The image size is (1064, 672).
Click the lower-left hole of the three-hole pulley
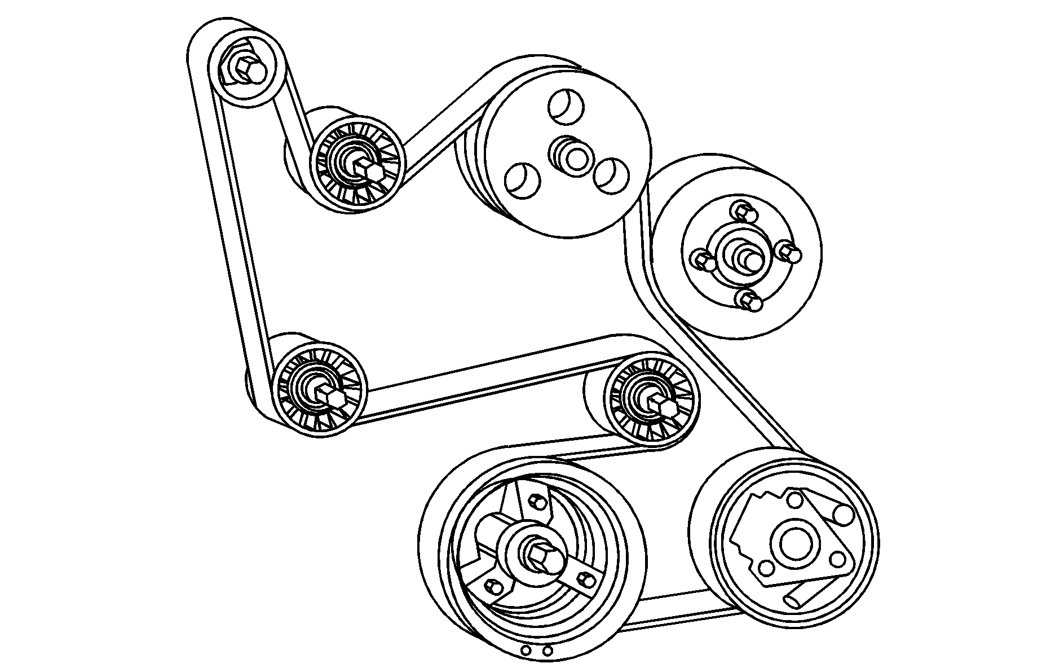pyautogui.click(x=522, y=179)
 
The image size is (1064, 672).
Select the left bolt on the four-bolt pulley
pyautogui.click(x=703, y=260)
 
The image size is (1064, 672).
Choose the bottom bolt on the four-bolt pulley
pyautogui.click(x=751, y=302)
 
